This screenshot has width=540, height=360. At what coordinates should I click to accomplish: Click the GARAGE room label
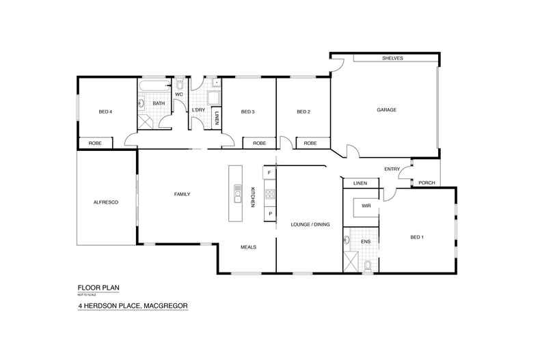pyautogui.click(x=386, y=110)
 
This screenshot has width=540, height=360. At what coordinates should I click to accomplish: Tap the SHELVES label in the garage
pyautogui.click(x=392, y=59)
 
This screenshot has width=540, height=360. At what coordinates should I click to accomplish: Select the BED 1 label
pyautogui.click(x=417, y=237)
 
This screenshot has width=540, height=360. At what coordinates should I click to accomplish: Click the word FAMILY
pyautogui.click(x=182, y=195)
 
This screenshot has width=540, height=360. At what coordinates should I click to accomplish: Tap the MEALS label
pyautogui.click(x=247, y=247)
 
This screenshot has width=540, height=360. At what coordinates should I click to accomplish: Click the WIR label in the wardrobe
pyautogui.click(x=366, y=205)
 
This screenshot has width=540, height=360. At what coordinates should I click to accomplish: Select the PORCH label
pyautogui.click(x=427, y=182)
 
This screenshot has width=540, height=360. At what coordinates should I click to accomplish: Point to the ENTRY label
pyautogui.click(x=392, y=169)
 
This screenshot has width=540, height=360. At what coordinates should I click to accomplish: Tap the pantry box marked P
pyautogui.click(x=270, y=214)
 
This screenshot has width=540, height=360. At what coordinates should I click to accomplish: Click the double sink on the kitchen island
pyautogui.click(x=237, y=195)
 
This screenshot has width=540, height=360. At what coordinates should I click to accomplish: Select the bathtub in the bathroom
pyautogui.click(x=154, y=86)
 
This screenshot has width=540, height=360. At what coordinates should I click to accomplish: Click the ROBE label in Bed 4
pyautogui.click(x=96, y=143)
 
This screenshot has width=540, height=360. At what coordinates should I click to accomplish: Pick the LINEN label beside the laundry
pyautogui.click(x=216, y=117)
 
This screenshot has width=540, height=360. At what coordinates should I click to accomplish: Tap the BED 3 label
pyautogui.click(x=247, y=112)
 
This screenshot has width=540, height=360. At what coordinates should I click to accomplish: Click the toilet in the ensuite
pyautogui.click(x=368, y=265)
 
